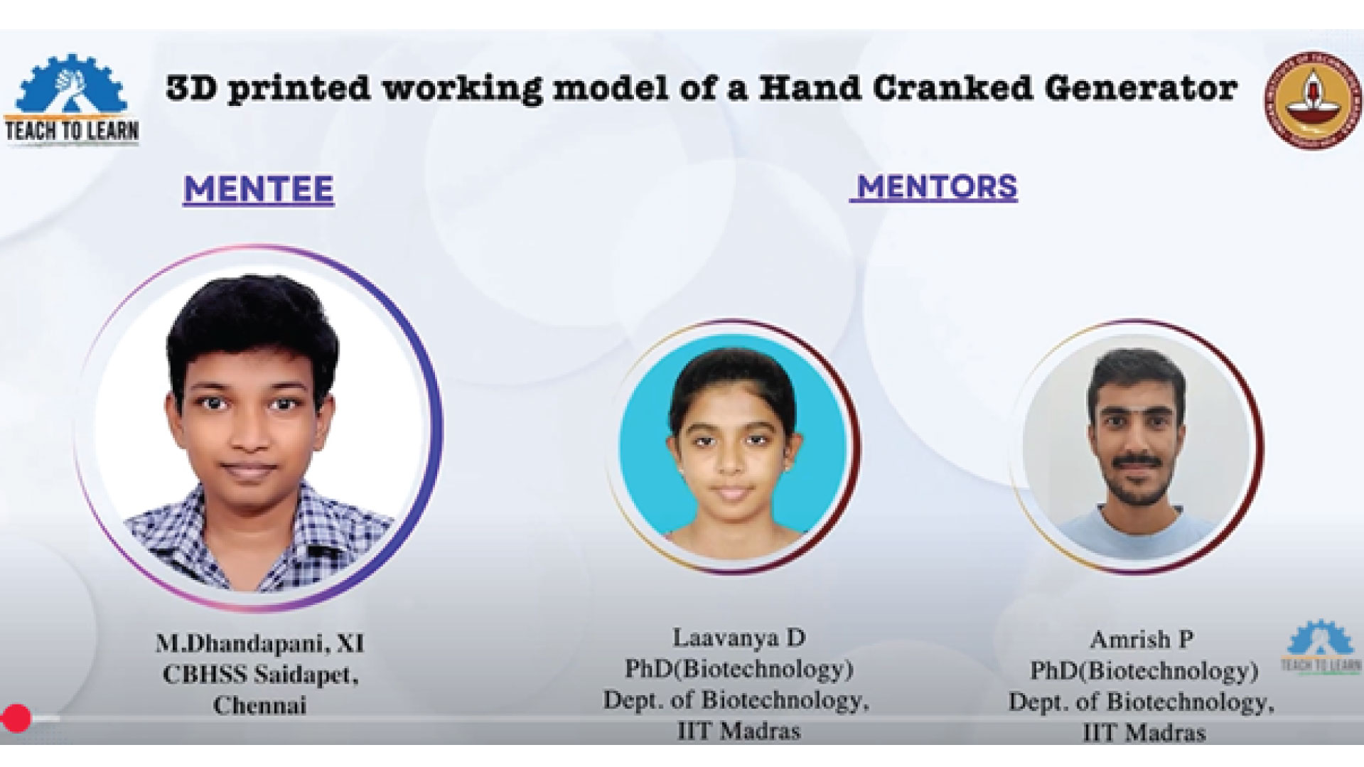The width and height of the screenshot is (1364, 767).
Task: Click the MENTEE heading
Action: point(259,189)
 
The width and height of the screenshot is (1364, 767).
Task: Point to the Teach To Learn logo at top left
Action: point(72,100)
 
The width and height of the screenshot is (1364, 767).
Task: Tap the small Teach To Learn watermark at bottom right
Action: point(1321,648)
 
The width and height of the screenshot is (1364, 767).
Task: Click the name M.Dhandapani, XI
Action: point(260,643)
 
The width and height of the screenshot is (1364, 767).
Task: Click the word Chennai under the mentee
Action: point(259,706)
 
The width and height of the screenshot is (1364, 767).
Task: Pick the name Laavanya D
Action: point(739,638)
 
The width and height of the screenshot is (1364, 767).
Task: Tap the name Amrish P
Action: point(1142,640)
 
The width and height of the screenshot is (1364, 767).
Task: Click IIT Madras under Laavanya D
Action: point(739,731)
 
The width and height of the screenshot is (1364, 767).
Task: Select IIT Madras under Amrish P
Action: point(1144,733)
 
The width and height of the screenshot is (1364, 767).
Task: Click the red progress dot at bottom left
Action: point(16,718)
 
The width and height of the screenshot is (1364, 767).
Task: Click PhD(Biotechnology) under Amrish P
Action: point(1144,671)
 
